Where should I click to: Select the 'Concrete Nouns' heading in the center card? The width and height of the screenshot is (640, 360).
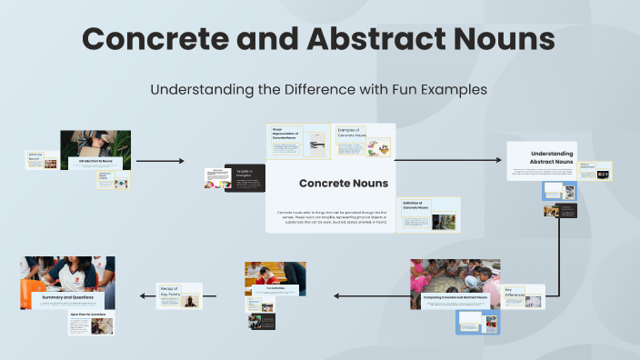coord(330,183)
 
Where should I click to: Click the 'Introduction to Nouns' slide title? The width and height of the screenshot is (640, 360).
coord(96,161)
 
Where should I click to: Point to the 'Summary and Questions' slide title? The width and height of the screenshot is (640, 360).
coord(68,296)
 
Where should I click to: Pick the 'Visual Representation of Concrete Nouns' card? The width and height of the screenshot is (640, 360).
coord(298,141)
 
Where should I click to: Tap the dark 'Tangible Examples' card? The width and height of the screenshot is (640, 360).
coord(245,177)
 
